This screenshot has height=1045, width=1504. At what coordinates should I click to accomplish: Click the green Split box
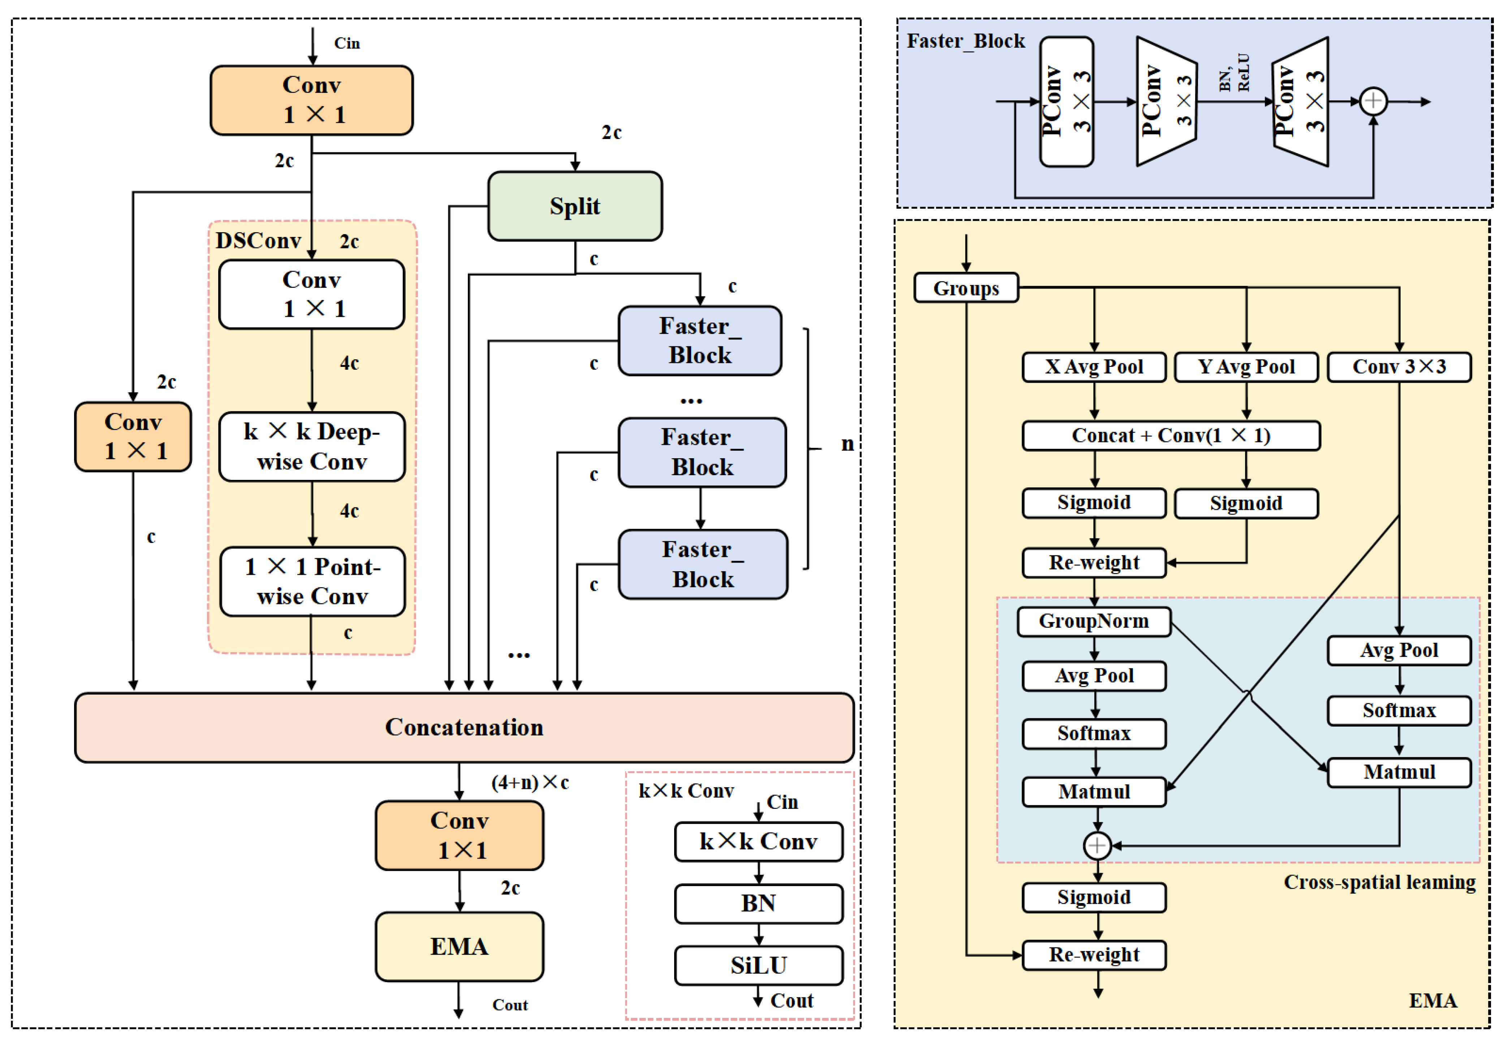[x=574, y=206]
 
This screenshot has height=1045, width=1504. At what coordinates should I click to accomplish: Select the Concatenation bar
[x=464, y=728]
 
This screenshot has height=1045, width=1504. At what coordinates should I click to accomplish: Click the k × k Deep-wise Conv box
[x=312, y=447]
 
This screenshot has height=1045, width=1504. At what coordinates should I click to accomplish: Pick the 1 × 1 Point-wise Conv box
[x=313, y=581]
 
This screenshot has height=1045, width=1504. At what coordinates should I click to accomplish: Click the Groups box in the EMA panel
[x=966, y=288]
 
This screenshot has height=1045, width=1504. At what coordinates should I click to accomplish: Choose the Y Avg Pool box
[x=1246, y=367]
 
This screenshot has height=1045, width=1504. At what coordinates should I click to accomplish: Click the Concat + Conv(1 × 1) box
[x=1171, y=435]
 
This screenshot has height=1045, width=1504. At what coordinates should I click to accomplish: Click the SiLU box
[x=759, y=965]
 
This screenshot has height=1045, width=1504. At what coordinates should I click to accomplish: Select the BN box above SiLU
[x=759, y=903]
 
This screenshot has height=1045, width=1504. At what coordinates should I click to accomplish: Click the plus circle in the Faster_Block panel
[x=1373, y=101]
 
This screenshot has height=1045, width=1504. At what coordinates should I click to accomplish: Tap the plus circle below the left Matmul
[x=1097, y=845]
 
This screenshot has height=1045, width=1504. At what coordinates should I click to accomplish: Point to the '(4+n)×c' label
[x=530, y=782]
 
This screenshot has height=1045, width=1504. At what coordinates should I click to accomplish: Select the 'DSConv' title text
[x=258, y=241]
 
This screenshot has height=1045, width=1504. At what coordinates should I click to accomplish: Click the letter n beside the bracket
[x=847, y=444]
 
